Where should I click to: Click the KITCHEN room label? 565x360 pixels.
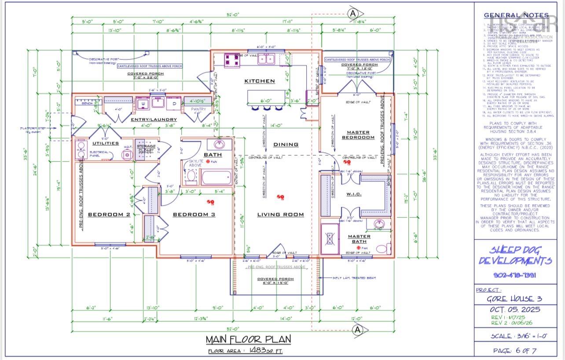(x=259, y=81)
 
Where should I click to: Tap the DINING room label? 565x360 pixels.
(x=286, y=144)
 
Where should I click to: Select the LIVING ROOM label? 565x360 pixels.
(x=280, y=214)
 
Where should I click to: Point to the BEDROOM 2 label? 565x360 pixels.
(x=109, y=214)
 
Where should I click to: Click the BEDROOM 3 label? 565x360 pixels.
(x=194, y=214)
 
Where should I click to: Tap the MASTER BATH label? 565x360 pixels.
(x=359, y=239)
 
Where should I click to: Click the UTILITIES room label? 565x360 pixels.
(x=105, y=143)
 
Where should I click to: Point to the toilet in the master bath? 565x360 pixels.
(x=382, y=249)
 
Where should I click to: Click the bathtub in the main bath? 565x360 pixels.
(x=216, y=178)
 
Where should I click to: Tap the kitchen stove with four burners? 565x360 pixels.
(x=232, y=59)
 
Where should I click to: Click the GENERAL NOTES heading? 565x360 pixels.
(x=516, y=15)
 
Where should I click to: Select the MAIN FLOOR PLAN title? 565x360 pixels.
(x=248, y=339)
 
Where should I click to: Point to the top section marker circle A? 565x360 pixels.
(x=353, y=14)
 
